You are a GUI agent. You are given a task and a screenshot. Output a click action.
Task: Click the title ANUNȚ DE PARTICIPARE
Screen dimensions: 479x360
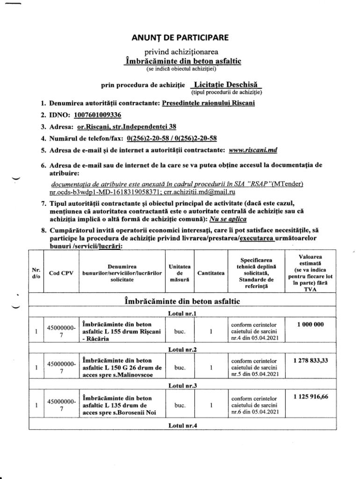tap(180, 37)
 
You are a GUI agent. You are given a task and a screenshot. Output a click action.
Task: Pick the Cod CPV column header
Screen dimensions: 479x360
tap(58, 274)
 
